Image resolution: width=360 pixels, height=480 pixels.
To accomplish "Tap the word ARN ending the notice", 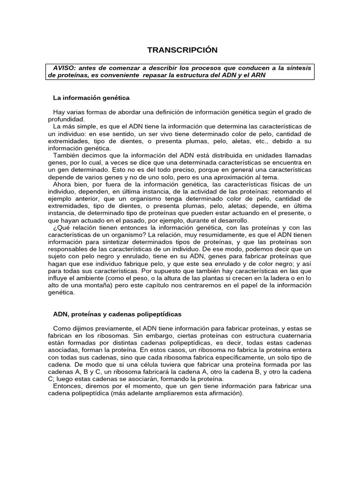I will pos(258,75).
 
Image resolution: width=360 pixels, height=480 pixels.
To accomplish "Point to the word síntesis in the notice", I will pos(298,68).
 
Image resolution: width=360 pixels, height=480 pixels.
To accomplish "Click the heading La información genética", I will pos(91,98).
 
